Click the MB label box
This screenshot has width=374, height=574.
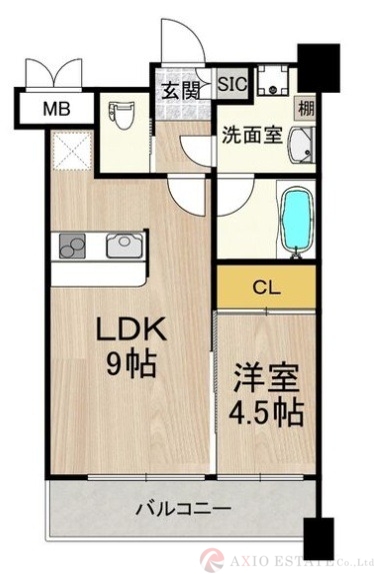tap(54, 107)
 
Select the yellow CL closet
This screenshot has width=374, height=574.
tap(266, 287)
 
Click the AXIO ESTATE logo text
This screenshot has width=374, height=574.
tap(300, 560)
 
